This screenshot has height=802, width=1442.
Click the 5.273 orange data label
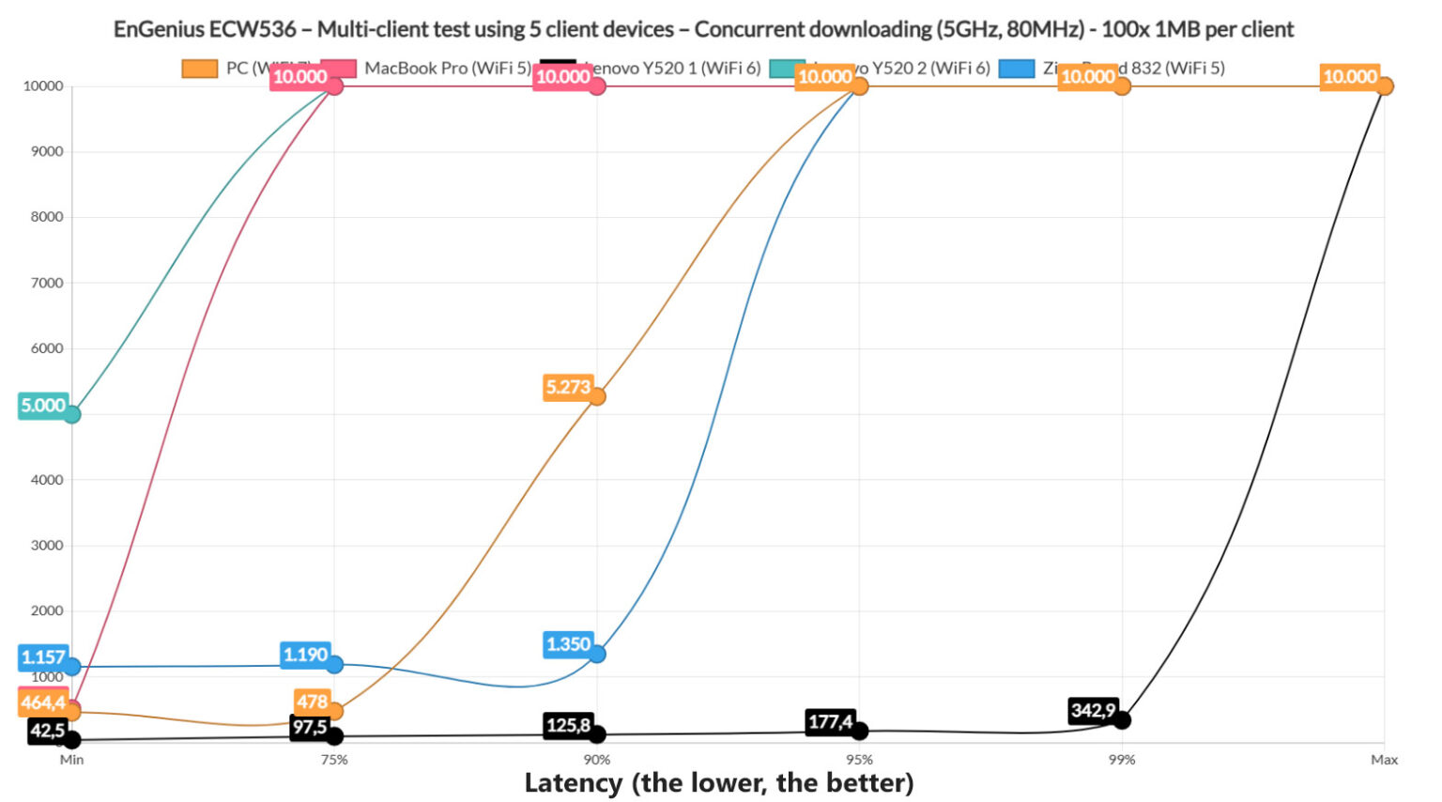pos(568,387)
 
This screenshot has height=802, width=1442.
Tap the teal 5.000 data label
pos(43,406)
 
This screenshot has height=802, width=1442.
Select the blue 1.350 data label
pos(568,644)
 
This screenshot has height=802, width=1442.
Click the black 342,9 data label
pos(1093,710)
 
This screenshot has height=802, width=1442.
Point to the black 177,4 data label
pos(830,722)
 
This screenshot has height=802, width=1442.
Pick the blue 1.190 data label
pos(305,655)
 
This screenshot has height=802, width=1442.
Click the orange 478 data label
pos(312,702)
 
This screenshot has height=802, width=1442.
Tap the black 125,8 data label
pos(568,725)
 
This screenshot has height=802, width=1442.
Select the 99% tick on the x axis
pos(1121,760)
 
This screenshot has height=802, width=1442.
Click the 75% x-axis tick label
pos(334,760)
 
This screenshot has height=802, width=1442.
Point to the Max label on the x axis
pos(1384,760)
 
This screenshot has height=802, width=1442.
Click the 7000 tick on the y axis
pos(43,283)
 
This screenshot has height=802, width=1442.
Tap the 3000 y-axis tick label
pos(43,545)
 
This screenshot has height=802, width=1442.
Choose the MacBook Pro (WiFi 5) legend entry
pos(447,68)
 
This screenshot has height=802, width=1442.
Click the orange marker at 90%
pos(597,396)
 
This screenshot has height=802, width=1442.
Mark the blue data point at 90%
pos(597,654)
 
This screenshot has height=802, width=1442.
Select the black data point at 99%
pos(1121,720)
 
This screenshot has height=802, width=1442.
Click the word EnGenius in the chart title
pos(158,29)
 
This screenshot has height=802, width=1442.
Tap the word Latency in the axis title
pos(574,782)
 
